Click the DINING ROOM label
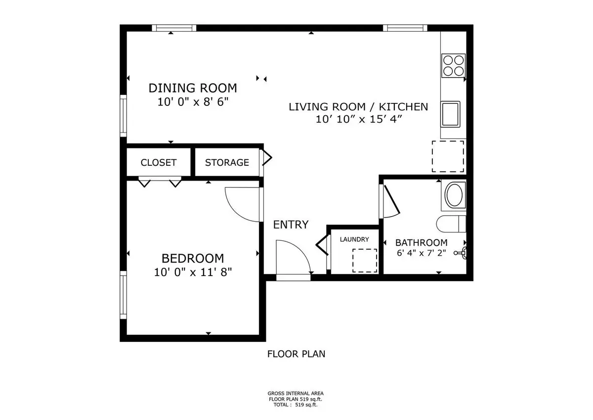(193, 88)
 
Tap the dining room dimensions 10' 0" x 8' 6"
(193, 102)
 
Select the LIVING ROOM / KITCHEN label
(358, 107)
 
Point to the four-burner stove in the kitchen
(453, 66)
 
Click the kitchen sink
(450, 114)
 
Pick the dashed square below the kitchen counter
(448, 156)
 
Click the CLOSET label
(159, 162)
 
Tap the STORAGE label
(227, 162)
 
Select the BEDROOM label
(193, 258)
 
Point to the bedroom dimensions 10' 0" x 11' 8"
(193, 272)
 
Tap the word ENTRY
(291, 225)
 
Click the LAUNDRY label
(354, 239)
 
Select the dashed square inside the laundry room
(365, 261)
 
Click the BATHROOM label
(422, 243)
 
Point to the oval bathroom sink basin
(454, 195)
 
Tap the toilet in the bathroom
(451, 224)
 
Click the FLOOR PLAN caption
(296, 354)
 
